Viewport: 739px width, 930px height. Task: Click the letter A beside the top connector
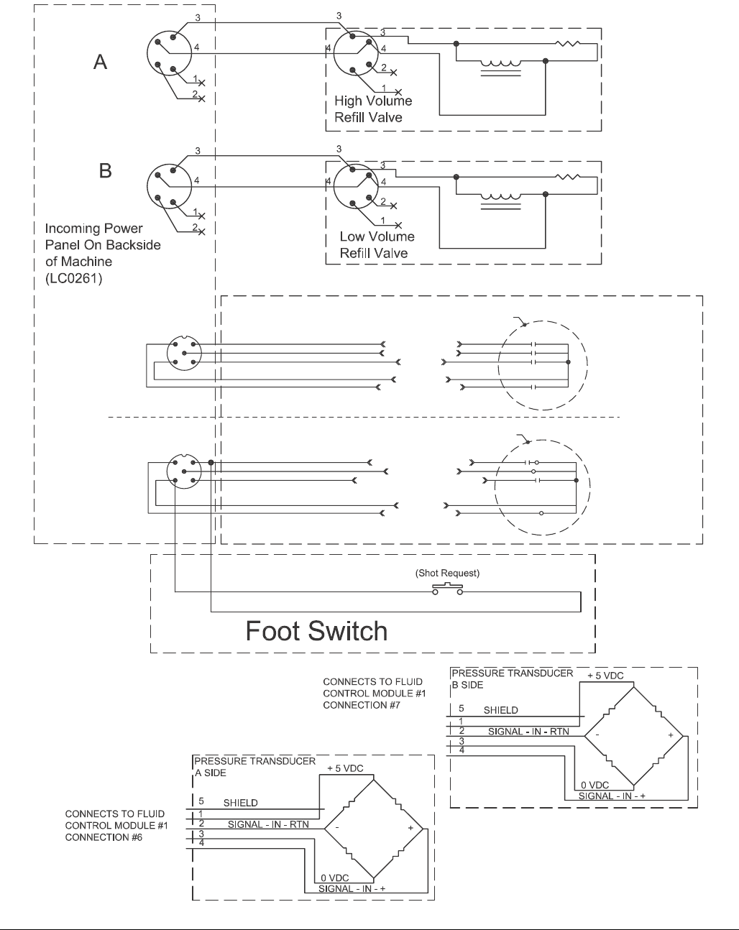(x=101, y=63)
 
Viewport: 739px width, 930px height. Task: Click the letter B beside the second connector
(x=105, y=172)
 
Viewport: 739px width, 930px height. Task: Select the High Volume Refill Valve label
(x=373, y=109)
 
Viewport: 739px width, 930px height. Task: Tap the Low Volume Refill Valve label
(x=377, y=244)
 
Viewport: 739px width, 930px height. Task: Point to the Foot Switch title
(x=316, y=631)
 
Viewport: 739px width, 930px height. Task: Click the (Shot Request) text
(x=447, y=574)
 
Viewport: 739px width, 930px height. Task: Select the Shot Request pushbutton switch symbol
(x=447, y=589)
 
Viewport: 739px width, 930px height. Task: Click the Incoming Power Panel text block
(x=103, y=253)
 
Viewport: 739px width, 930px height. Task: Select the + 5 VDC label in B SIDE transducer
(x=605, y=676)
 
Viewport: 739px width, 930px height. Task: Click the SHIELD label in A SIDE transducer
(x=240, y=803)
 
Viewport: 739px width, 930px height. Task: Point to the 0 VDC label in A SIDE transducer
(x=334, y=878)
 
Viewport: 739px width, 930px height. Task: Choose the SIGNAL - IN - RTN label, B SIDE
(x=528, y=732)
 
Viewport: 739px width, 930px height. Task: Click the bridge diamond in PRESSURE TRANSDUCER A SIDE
(x=374, y=828)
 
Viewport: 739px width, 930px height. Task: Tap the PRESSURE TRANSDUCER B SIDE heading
(x=512, y=679)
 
